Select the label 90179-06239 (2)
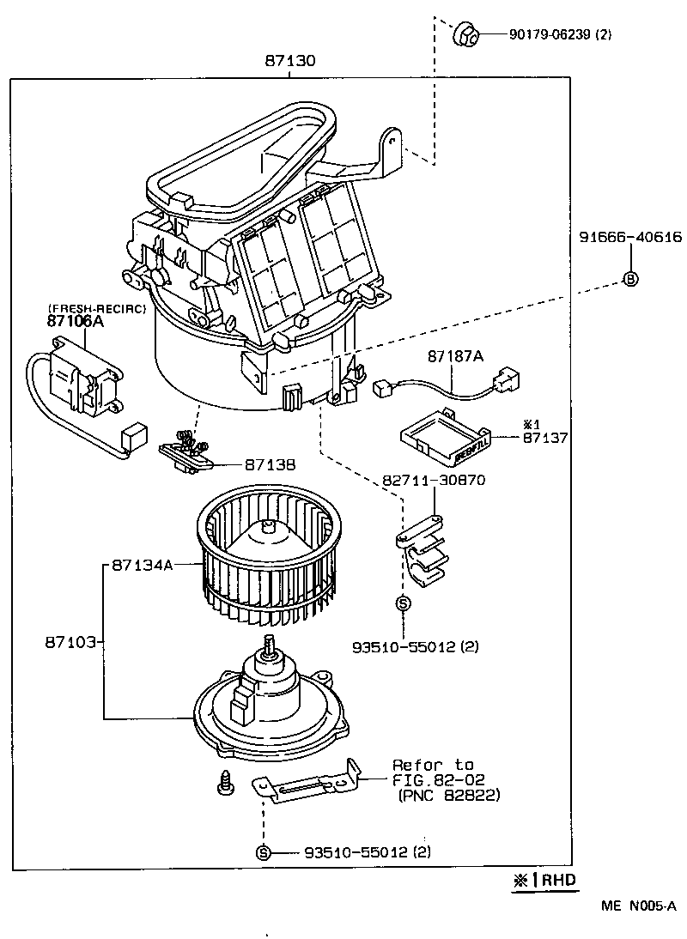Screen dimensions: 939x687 click(560, 35)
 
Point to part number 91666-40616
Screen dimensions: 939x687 click(629, 238)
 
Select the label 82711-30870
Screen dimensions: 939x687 click(436, 480)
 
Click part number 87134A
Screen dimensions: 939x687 click(142, 565)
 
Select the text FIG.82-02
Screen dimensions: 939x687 click(438, 779)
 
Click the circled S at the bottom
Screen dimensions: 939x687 click(264, 852)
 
